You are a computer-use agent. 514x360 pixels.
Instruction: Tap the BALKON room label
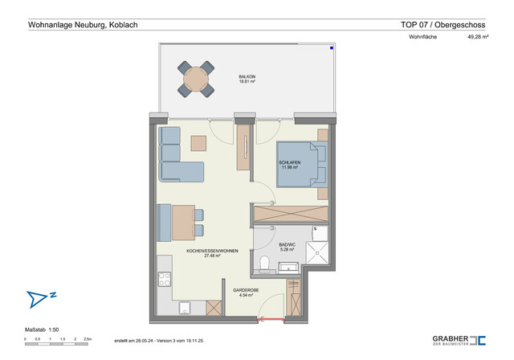click(x=247, y=75)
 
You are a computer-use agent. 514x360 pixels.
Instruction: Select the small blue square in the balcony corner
click(x=330, y=47)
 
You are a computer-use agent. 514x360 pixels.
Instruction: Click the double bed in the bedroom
click(x=301, y=164)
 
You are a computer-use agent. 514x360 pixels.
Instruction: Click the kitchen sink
click(x=184, y=307)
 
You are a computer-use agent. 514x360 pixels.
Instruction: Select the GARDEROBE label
click(x=245, y=290)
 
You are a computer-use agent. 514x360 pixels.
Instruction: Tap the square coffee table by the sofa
click(x=198, y=143)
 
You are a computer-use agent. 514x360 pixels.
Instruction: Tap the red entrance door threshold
click(x=270, y=319)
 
